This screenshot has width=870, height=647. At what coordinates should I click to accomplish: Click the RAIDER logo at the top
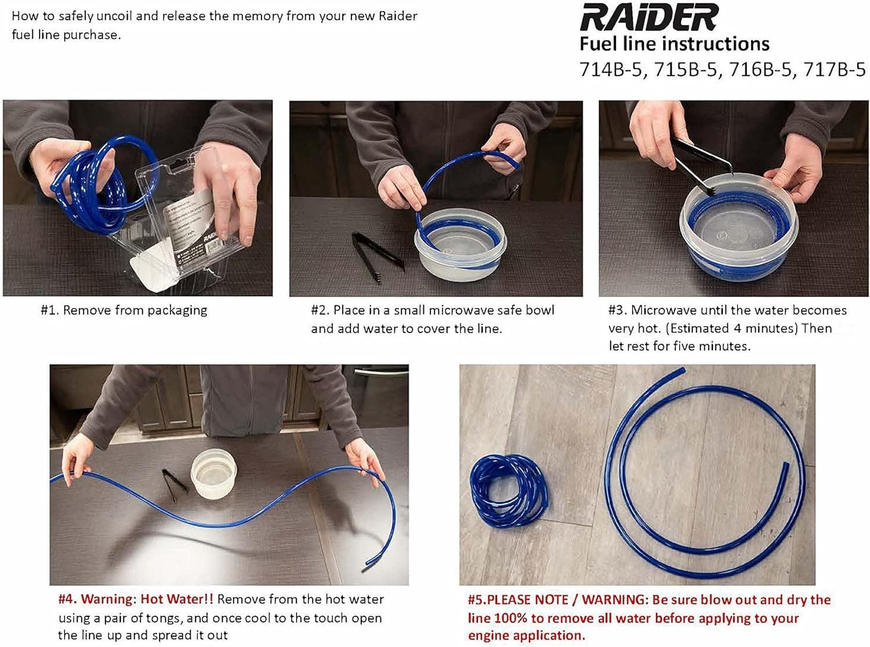[x=649, y=17]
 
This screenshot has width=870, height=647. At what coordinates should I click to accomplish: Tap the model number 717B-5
[x=834, y=70]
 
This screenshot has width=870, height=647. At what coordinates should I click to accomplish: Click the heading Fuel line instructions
[x=674, y=44]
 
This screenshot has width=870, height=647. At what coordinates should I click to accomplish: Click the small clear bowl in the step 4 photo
[x=214, y=473]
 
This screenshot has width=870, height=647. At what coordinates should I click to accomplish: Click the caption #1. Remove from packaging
[x=124, y=310]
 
